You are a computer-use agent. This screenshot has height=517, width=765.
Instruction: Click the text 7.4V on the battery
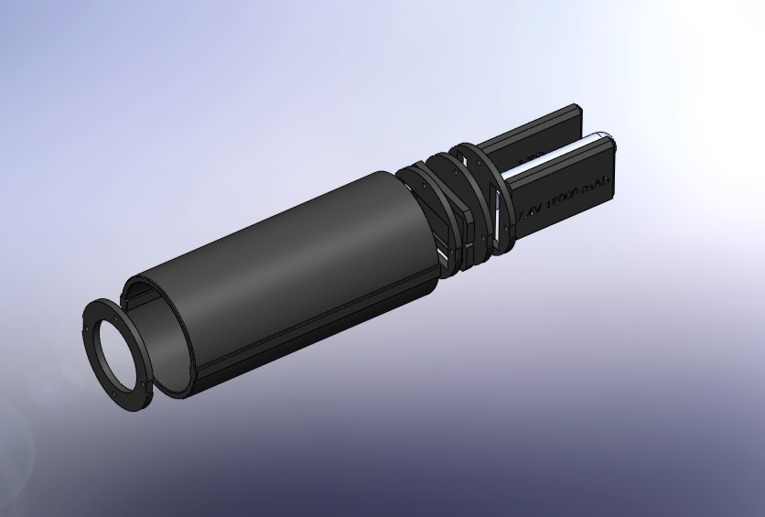click(x=531, y=211)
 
